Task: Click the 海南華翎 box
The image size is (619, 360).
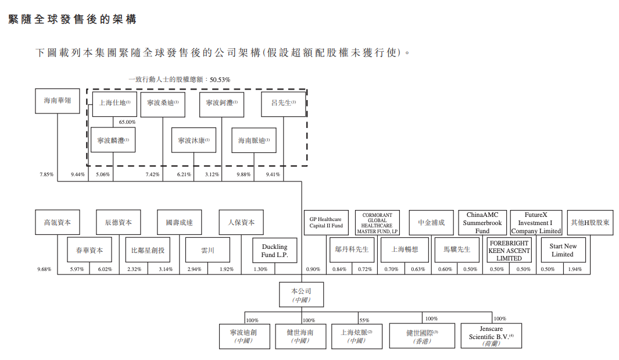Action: [57, 101]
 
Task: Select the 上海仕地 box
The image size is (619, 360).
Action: [115, 104]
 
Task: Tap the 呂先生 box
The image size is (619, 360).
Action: [284, 104]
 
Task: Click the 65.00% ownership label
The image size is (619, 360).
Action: [127, 122]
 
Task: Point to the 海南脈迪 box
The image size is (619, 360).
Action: [254, 140]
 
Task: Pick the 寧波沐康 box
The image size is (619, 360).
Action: [194, 140]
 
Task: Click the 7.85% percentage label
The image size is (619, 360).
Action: [46, 174]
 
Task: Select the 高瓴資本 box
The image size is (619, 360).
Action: [57, 222]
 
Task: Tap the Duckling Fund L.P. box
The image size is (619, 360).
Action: [274, 251]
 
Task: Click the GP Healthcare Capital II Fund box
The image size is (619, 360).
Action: [326, 223]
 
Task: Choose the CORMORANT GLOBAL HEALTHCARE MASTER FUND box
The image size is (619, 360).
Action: [377, 223]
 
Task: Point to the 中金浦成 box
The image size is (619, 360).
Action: [431, 222]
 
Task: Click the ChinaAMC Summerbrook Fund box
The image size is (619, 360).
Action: [482, 223]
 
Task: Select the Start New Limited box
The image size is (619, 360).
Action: [562, 250]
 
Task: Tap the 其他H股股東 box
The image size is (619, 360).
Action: [590, 222]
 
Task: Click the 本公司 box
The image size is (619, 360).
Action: [302, 294]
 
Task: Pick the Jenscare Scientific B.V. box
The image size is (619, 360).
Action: [491, 336]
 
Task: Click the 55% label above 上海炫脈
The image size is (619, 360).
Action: [364, 320]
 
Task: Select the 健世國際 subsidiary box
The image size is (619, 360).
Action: [423, 336]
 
